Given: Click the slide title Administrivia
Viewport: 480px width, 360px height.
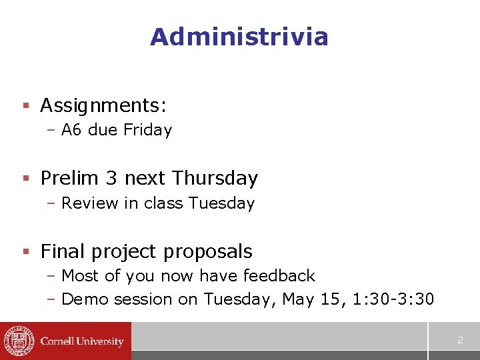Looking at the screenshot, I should pos(239,37).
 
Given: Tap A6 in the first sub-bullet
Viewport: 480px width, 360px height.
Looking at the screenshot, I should pos(71,130).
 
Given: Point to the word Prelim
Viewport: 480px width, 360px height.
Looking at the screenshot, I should pos(68,179).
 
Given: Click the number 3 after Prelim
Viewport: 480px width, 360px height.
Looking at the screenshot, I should pos(111,179).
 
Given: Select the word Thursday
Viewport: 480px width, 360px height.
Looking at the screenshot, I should pos(215,179).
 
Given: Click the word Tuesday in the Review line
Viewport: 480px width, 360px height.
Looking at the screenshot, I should pos(221,203).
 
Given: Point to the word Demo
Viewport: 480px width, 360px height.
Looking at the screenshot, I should pos(85,299).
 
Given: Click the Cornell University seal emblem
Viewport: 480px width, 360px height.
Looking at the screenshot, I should pos(18,341).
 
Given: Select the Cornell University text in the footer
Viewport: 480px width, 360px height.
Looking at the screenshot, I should pos(82,341).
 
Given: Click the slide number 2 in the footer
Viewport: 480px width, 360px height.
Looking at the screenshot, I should pos(460,341).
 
